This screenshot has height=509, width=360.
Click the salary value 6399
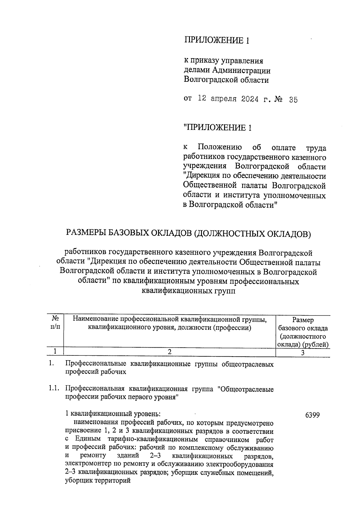coord(312,415)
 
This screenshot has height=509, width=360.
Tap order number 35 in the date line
coord(293,100)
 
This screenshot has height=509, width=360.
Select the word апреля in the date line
coord(223,100)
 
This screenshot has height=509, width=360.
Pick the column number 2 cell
coord(169,352)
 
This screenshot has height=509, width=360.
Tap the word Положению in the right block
coord(220,148)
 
